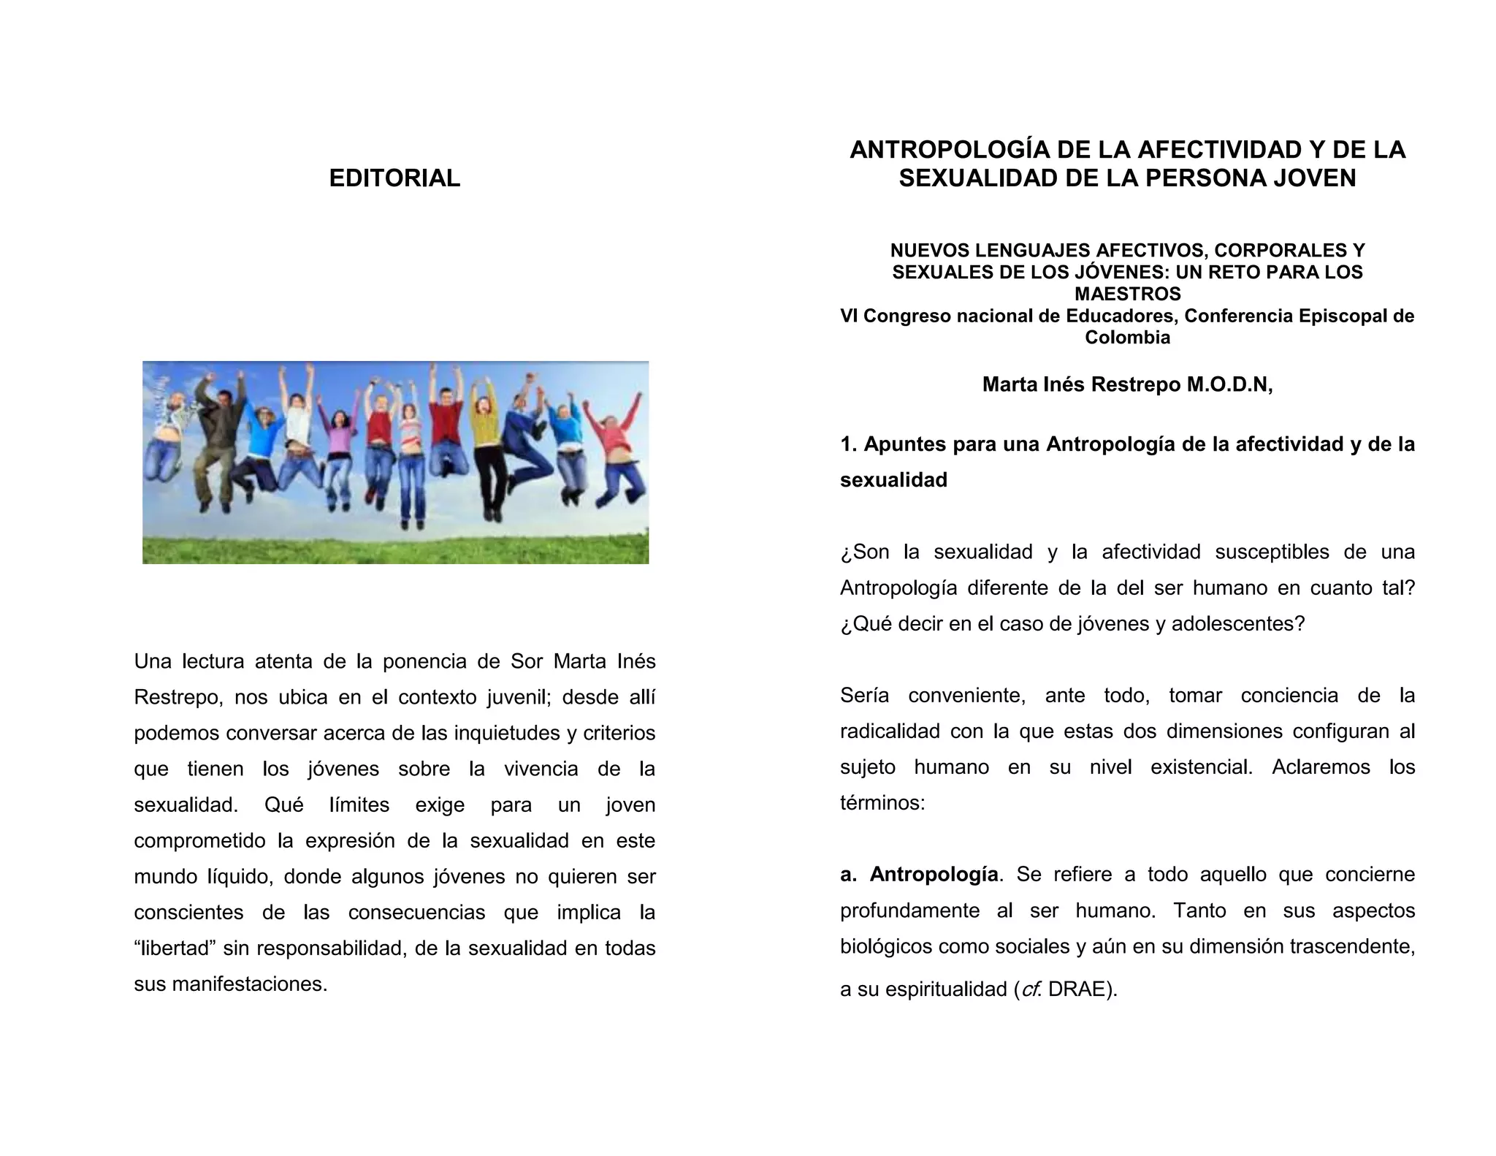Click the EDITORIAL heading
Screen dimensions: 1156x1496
(x=394, y=178)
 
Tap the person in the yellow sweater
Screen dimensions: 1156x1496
(x=484, y=431)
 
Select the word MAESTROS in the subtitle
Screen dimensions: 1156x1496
(x=1127, y=294)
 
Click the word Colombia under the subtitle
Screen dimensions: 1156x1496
(x=1127, y=338)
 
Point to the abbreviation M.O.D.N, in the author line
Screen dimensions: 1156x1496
(x=1229, y=384)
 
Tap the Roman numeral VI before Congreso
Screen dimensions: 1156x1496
(x=849, y=316)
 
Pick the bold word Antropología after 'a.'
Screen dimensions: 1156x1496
(x=934, y=875)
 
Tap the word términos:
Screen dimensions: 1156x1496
(x=882, y=803)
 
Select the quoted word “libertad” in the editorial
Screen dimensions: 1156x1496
(x=172, y=948)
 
